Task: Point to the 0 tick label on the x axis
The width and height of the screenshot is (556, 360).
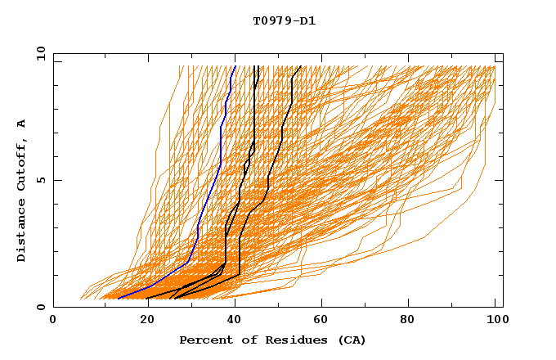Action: coord(53,322)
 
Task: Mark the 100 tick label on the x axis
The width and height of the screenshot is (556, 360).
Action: coord(494,322)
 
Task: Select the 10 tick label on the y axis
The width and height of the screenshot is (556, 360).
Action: coord(38,52)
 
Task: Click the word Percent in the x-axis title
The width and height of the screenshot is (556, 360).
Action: coord(205,340)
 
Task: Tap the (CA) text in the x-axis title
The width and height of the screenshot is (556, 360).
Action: coord(352,340)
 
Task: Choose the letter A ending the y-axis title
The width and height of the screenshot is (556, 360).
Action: coord(22,124)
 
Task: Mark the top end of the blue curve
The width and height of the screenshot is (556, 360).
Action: coord(235,66)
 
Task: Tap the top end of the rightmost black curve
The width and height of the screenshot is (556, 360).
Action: coord(301,66)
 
